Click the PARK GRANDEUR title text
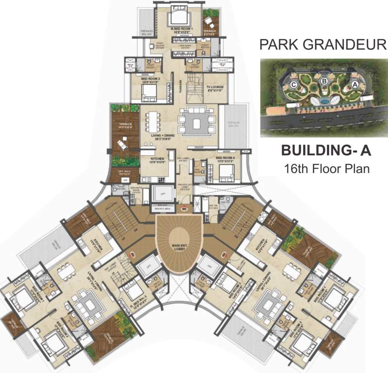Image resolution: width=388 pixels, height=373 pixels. point(323,46)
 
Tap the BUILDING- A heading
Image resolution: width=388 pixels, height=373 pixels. point(326,151)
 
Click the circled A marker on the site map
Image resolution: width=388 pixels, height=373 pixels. point(355,84)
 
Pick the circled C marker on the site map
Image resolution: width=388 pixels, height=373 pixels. point(293,84)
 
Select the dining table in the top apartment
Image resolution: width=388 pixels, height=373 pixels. point(153,119)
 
